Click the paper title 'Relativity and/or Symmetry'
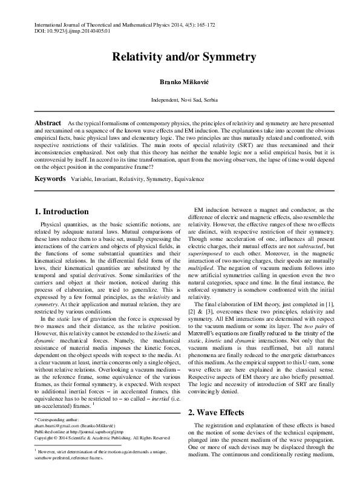click(180, 57)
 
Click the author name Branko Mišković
click(180, 81)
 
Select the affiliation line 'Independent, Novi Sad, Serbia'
click(180, 99)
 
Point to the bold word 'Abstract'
click(48, 122)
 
